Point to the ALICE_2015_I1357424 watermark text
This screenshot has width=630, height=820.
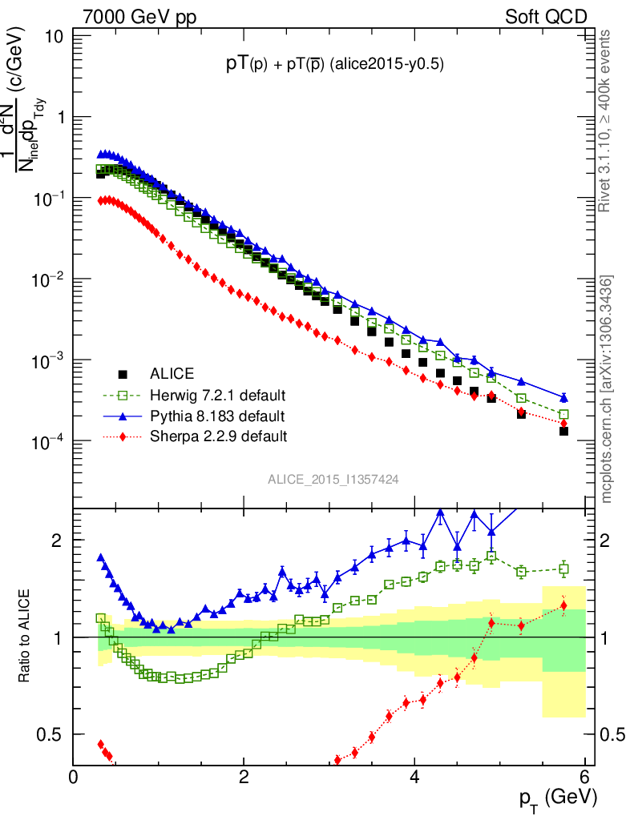click(333, 479)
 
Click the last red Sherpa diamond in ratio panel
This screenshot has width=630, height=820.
click(563, 605)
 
